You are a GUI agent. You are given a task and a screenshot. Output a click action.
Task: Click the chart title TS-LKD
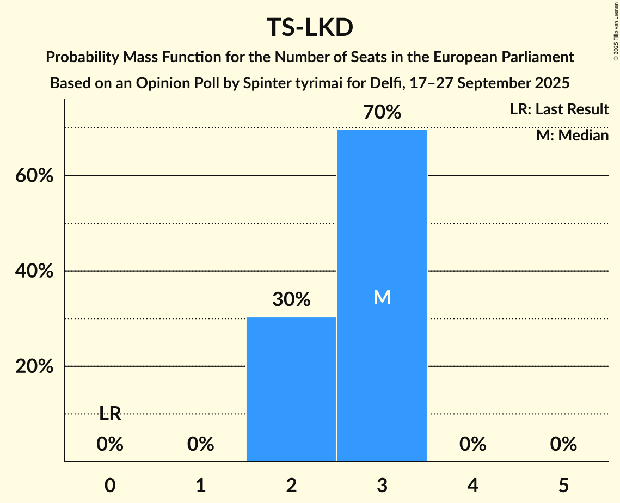pyautogui.click(x=310, y=28)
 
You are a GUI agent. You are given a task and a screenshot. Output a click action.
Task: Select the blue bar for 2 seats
pyautogui.click(x=291, y=389)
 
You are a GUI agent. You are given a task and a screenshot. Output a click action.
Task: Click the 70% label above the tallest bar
pyautogui.click(x=382, y=113)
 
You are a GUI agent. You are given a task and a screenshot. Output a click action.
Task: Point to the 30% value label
pyautogui.click(x=291, y=299)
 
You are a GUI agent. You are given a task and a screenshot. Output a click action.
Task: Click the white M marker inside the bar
pyautogui.click(x=382, y=297)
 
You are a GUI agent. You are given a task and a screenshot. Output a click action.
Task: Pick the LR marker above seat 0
pyautogui.click(x=110, y=414)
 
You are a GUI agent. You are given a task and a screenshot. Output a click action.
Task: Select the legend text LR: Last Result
pyautogui.click(x=559, y=109)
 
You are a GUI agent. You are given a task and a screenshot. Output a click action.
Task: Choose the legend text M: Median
pyautogui.click(x=572, y=136)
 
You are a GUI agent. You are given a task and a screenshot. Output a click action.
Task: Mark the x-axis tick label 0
pyautogui.click(x=110, y=485)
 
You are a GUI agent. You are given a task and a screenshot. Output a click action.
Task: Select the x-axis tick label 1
pyautogui.click(x=201, y=485)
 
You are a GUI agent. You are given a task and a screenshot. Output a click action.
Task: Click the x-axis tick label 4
pyautogui.click(x=472, y=485)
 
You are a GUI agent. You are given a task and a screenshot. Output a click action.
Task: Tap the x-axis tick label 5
pyautogui.click(x=563, y=485)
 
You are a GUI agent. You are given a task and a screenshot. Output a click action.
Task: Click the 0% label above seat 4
pyautogui.click(x=472, y=445)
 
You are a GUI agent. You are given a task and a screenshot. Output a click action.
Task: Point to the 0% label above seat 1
pyautogui.click(x=201, y=445)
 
